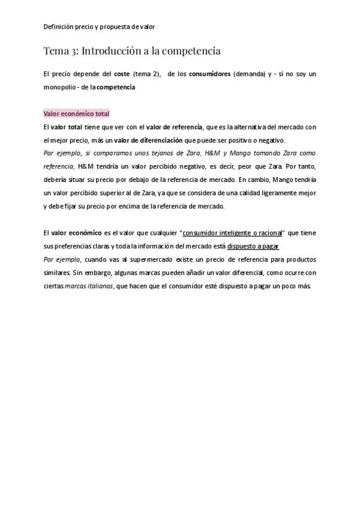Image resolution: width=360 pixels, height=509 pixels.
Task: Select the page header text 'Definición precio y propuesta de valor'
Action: [x=99, y=26]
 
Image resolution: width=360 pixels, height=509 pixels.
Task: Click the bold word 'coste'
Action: [x=122, y=74]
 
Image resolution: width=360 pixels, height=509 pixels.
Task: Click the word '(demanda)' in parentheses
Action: [x=249, y=74]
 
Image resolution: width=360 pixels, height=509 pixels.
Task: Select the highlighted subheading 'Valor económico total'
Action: [x=76, y=113]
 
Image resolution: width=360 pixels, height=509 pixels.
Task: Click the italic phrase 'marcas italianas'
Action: [x=88, y=286]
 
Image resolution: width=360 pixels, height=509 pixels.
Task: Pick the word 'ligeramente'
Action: [x=279, y=193]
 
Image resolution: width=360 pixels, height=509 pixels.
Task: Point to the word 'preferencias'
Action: [x=71, y=246]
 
